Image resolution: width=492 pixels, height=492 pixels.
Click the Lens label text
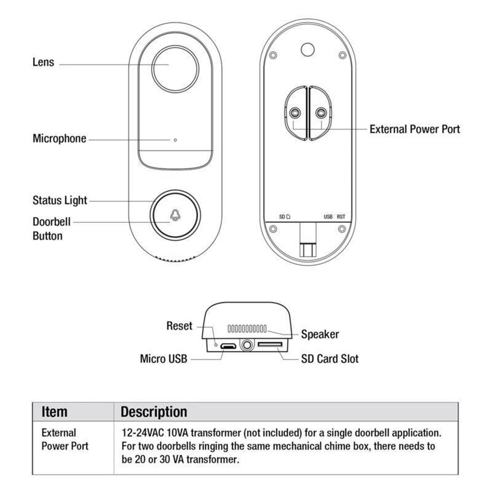(x=43, y=62)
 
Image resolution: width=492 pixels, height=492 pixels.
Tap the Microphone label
(x=59, y=138)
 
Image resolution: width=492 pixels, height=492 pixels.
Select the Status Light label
(x=60, y=200)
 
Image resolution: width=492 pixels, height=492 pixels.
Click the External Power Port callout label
(x=415, y=129)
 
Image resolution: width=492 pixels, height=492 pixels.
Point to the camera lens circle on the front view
(x=175, y=69)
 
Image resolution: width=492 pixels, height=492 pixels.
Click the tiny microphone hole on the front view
(x=175, y=140)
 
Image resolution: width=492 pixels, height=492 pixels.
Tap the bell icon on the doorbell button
(x=175, y=215)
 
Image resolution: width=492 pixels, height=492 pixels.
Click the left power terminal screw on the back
(x=295, y=113)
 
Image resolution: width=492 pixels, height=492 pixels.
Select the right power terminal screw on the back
(x=321, y=113)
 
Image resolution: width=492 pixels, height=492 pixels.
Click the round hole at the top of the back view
(x=307, y=50)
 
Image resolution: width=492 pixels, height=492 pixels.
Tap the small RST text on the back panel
(x=341, y=217)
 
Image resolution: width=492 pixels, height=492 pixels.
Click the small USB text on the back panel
(x=328, y=217)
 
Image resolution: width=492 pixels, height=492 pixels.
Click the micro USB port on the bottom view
(x=228, y=346)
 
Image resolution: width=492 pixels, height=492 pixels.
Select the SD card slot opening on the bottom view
(x=270, y=344)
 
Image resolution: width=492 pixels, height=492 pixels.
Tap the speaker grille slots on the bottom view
(x=247, y=328)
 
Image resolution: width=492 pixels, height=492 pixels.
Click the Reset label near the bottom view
(x=179, y=326)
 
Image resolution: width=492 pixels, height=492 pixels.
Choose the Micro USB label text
(x=163, y=359)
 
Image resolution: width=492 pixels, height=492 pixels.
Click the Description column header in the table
(x=154, y=412)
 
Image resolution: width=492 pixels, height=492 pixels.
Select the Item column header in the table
(x=54, y=412)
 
